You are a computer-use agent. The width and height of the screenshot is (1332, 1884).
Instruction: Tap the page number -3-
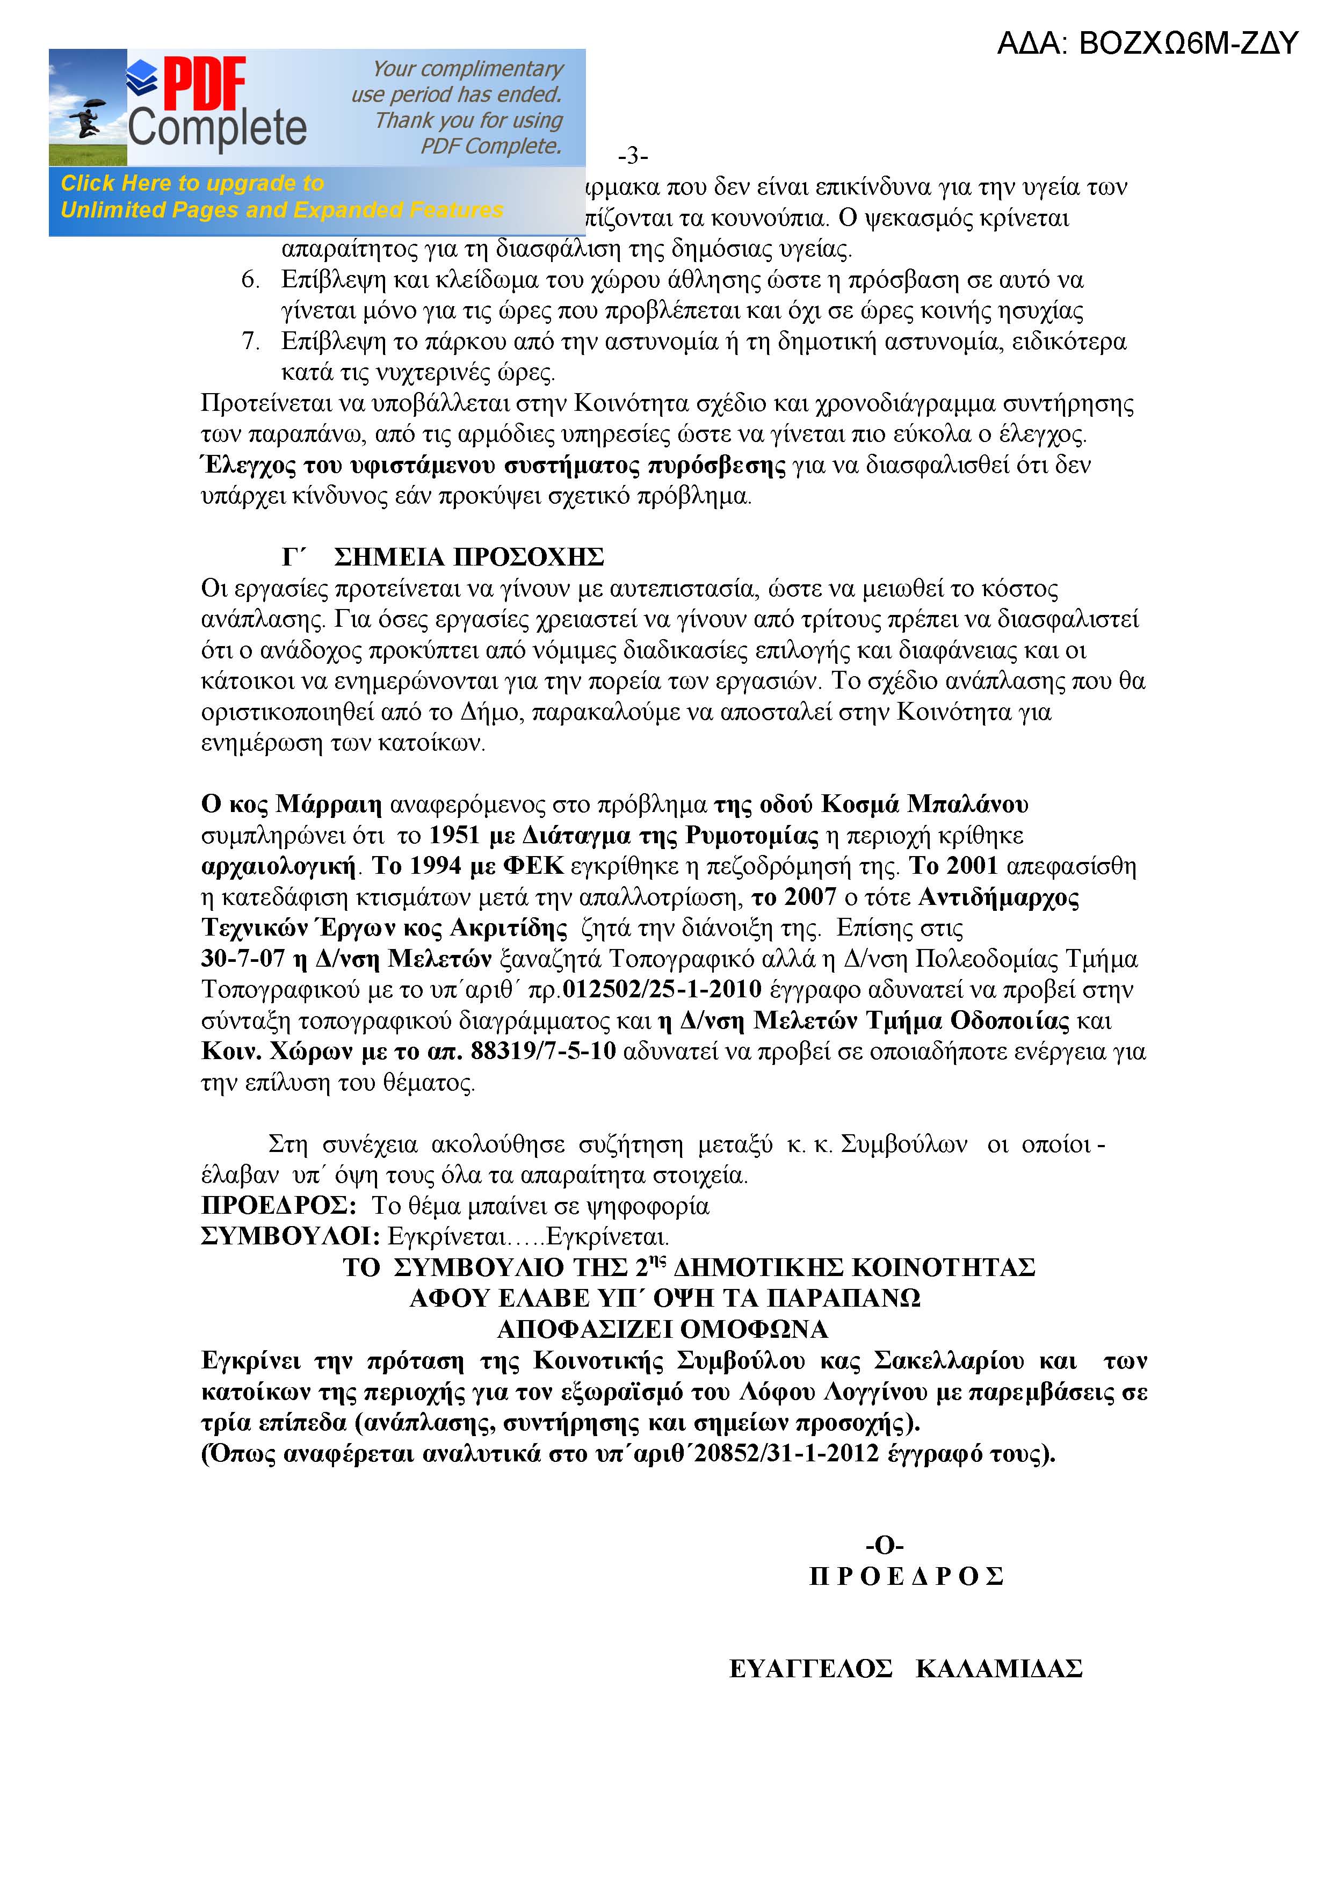[633, 156]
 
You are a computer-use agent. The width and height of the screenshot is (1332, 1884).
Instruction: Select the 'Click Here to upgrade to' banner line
[192, 183]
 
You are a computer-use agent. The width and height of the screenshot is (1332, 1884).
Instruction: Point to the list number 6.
[250, 280]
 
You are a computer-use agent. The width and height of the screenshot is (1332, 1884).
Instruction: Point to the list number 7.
[250, 342]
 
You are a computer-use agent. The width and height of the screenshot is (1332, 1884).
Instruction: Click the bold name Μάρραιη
[328, 804]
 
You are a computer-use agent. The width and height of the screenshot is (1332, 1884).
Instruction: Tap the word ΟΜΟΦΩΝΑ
[754, 1329]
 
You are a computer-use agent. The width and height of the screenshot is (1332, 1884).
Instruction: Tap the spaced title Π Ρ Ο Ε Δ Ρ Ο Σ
[906, 1576]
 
